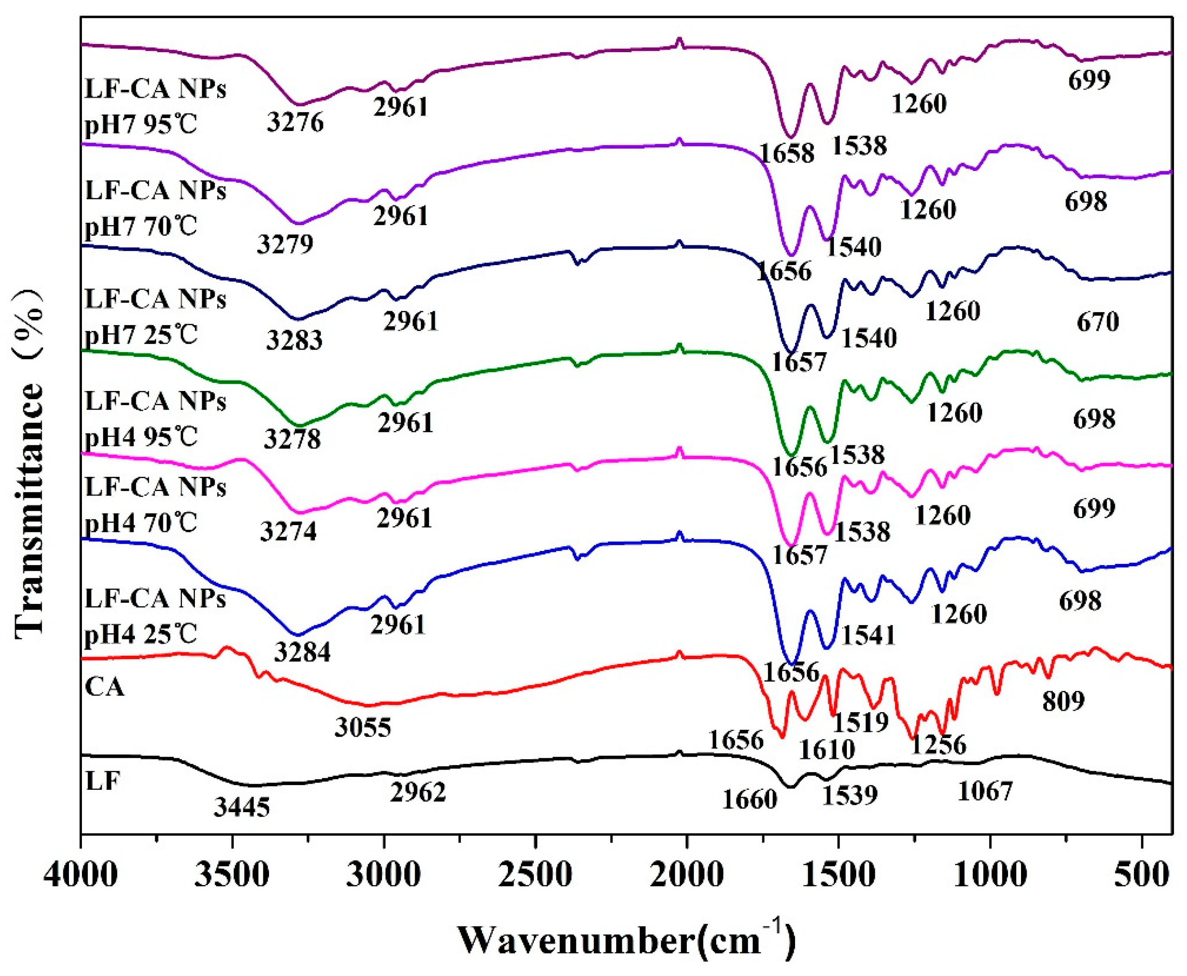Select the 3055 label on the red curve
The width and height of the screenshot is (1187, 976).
363,728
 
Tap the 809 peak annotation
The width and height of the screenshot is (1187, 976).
1063,701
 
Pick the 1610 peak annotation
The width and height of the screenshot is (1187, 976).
827,749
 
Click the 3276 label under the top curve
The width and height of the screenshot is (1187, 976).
295,122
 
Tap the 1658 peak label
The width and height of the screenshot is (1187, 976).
786,153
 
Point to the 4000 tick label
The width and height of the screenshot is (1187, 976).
81,876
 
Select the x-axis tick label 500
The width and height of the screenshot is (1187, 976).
1141,876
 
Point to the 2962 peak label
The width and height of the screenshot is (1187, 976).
418,792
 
